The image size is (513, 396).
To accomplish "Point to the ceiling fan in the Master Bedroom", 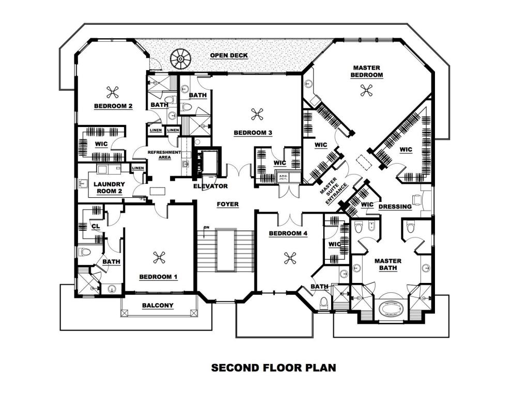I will (x=366, y=91).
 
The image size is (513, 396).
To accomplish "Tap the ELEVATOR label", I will (x=210, y=186).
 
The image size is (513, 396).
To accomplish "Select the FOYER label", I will (x=227, y=204).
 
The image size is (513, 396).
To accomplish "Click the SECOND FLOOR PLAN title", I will (x=273, y=368).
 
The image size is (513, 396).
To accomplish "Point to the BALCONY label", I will (x=158, y=306).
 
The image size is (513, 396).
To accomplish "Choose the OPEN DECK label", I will (x=228, y=55).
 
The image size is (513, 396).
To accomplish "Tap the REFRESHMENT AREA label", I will (x=164, y=155).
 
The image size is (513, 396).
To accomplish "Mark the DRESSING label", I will (x=395, y=207).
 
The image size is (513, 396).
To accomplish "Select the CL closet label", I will (x=96, y=226).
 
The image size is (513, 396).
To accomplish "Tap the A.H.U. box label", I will (x=283, y=178).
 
